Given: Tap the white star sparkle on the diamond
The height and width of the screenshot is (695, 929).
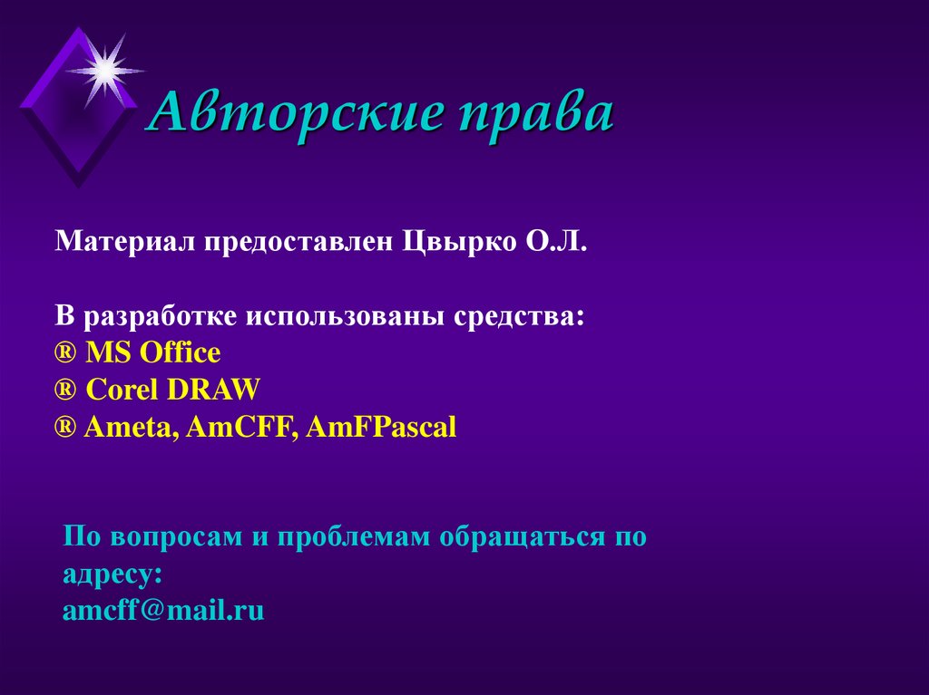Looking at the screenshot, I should (105, 69).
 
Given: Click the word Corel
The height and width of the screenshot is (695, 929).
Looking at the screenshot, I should (122, 390).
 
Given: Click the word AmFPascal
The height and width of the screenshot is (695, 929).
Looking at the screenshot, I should (381, 427).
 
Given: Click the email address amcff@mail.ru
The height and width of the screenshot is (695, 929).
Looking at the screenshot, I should (163, 610).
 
